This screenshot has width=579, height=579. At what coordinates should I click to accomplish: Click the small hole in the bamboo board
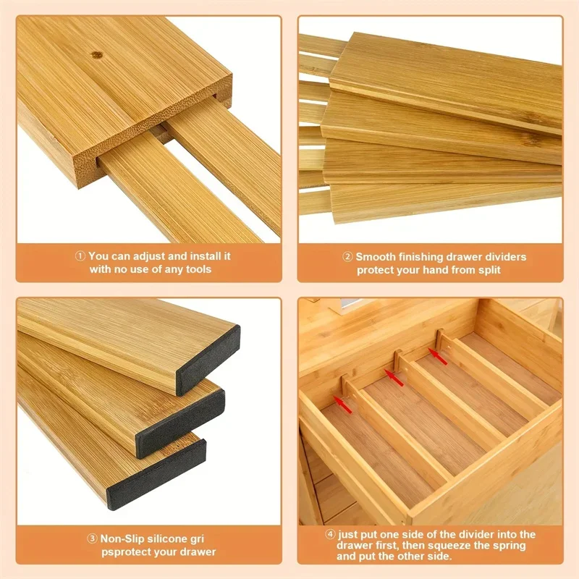95,54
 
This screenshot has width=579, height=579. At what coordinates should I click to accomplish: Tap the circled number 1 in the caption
81,256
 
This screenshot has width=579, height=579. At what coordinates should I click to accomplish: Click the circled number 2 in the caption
347,257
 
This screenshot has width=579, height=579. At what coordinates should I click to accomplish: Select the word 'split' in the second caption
486,270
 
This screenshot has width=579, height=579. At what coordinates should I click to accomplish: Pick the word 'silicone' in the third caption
169,539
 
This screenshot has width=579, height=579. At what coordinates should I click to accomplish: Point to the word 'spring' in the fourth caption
502,547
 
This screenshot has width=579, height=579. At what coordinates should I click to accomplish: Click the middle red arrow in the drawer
393,376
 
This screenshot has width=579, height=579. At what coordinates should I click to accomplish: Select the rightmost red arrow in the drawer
436,353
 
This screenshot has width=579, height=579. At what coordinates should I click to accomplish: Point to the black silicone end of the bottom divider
156,473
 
